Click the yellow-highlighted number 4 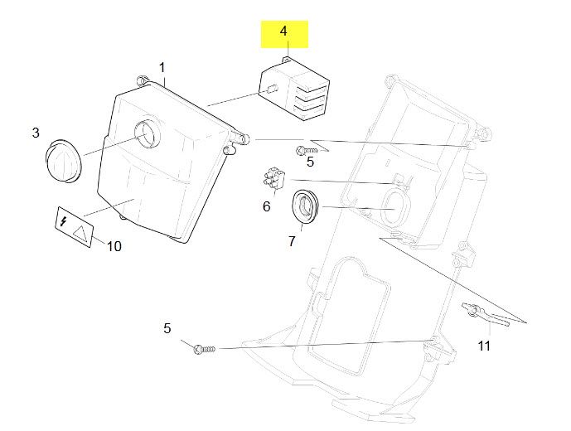[x=283, y=31]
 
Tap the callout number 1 [x=162, y=66]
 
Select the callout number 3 [x=36, y=132]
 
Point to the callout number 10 [x=114, y=246]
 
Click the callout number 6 [x=266, y=206]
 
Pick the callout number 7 [x=291, y=241]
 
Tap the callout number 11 [x=484, y=345]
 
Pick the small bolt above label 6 [x=302, y=151]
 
